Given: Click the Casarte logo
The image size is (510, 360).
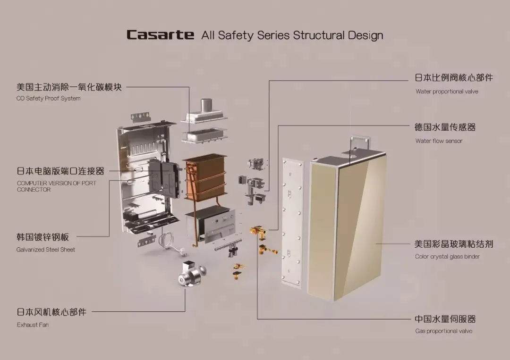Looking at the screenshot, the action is coord(160,35).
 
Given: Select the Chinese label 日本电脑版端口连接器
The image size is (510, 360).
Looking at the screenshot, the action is coord(60,171).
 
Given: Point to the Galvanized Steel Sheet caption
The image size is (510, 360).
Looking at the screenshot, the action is coord(45,250).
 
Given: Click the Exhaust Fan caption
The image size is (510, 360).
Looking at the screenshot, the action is coord(33,325).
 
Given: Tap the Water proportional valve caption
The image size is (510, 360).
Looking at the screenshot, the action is coord(447,92).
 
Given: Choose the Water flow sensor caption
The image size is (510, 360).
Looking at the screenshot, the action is coord(439,141).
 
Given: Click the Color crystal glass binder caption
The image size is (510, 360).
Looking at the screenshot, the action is coord(447,257).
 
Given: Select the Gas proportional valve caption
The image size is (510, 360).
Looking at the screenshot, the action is coord(443,331).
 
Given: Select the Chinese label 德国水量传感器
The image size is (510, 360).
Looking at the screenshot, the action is coord(445,127).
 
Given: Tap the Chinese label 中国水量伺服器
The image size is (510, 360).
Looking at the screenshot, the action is coord(445,319).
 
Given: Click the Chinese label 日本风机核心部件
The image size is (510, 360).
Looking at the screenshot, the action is coord(51,312).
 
